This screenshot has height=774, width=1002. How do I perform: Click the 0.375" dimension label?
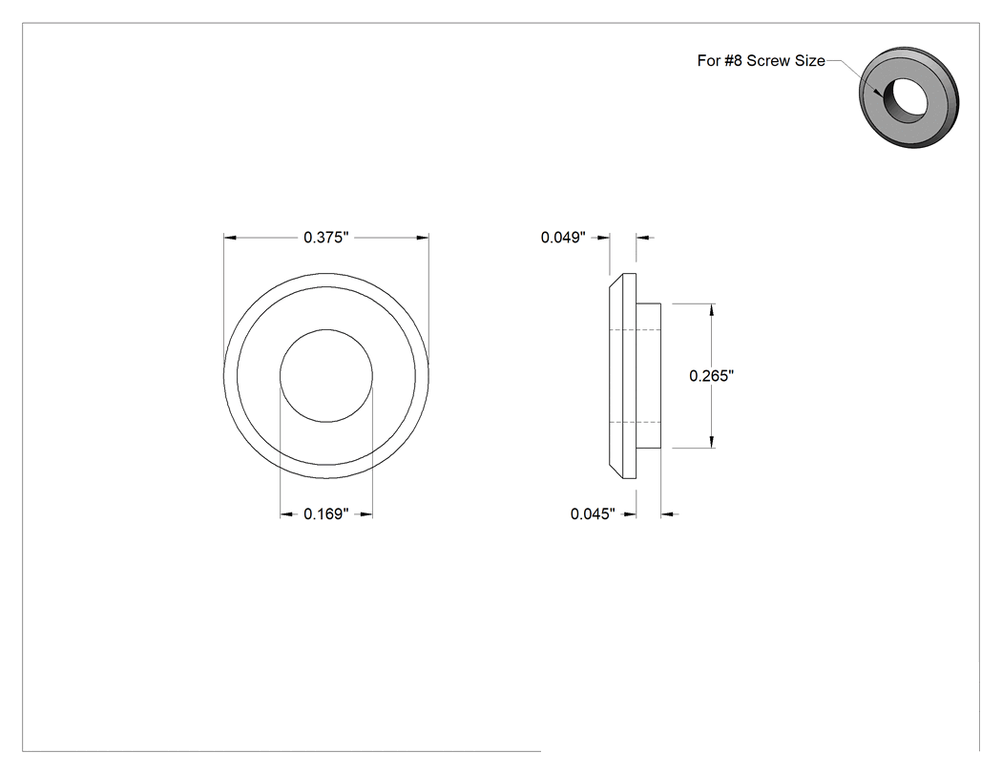326,238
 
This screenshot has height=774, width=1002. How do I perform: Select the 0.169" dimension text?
326,513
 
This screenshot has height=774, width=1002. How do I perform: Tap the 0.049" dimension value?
563,238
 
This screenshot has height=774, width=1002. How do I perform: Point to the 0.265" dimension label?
711,376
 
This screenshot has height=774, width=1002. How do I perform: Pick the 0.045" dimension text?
593,513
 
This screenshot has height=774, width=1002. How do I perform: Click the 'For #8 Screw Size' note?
762,61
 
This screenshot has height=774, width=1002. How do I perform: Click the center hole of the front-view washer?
326,376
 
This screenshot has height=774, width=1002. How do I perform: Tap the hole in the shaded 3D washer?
907,99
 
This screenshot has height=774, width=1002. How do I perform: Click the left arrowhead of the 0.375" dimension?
230,238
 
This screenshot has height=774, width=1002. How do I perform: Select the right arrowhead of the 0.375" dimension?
423,238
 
